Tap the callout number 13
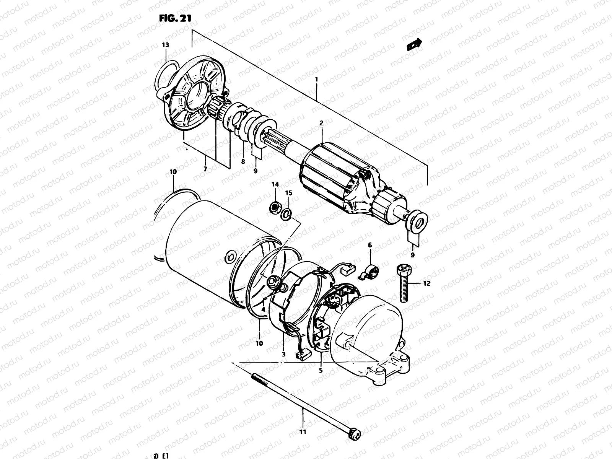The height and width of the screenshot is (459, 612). pyautogui.click(x=165, y=45)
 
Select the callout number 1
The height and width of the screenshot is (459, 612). pyautogui.click(x=316, y=80)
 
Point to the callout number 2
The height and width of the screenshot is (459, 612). pyautogui.click(x=321, y=123)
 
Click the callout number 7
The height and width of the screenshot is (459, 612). pyautogui.click(x=205, y=169)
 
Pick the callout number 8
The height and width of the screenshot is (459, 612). pyautogui.click(x=243, y=162)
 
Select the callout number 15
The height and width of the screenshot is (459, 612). pyautogui.click(x=289, y=193)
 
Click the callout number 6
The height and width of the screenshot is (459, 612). pyautogui.click(x=370, y=244)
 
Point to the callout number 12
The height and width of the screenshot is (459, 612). pyautogui.click(x=427, y=283)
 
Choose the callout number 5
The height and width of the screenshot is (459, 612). pyautogui.click(x=321, y=370)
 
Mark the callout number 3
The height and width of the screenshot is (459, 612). pyautogui.click(x=283, y=354)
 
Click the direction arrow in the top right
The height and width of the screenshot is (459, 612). pyautogui.click(x=414, y=44)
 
